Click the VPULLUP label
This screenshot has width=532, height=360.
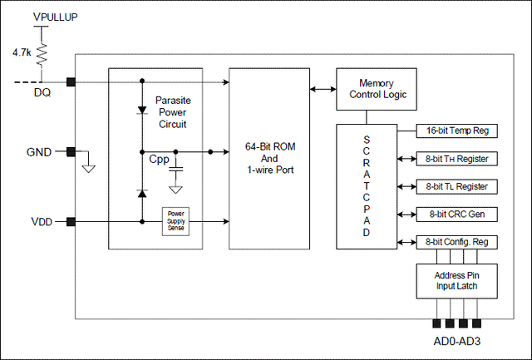tap(56, 17)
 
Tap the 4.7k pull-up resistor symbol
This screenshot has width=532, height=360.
tap(42, 55)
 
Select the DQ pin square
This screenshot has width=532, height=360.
tap(71, 81)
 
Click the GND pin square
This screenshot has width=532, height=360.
tap(71, 151)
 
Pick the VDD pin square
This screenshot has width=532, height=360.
tap(71, 222)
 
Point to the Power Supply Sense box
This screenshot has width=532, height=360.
tap(175, 221)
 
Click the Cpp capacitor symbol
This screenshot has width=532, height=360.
tap(175, 169)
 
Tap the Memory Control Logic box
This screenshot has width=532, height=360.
tap(377, 89)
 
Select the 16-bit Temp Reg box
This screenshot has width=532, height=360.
tap(456, 131)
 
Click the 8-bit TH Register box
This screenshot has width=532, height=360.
tap(456, 159)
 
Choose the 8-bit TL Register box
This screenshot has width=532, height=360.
tap(456, 186)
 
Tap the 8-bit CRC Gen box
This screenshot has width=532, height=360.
tap(456, 215)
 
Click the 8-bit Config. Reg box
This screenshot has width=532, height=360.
tap(456, 242)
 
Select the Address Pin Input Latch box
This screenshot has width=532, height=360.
tap(456, 281)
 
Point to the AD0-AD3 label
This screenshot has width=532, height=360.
tap(456, 341)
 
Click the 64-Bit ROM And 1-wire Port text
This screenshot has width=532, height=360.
tap(270, 158)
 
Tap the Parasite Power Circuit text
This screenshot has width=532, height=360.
tap(173, 112)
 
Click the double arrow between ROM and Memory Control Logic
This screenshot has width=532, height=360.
tap(323, 89)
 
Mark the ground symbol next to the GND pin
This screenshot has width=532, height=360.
tap(89, 169)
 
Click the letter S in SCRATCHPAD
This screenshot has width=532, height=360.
tap(367, 140)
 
